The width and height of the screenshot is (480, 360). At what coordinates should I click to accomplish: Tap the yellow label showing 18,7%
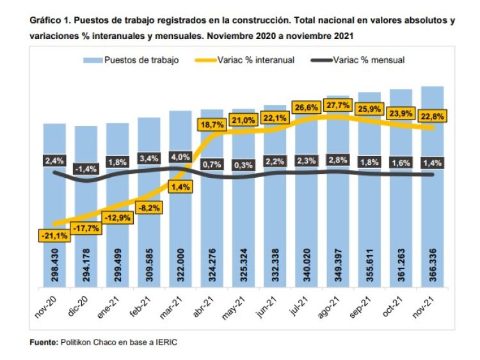tap(213, 125)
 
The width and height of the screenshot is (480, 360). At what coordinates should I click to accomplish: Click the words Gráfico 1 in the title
tap(52, 20)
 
